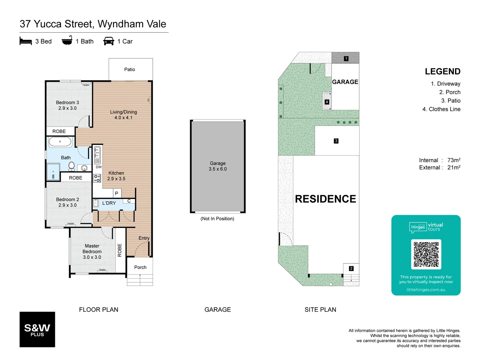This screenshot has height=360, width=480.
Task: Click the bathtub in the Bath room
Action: pyautogui.click(x=60, y=142)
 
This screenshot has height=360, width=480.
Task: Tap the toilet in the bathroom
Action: pyautogui.click(x=71, y=165)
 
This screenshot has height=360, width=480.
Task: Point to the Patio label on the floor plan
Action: pyautogui.click(x=130, y=69)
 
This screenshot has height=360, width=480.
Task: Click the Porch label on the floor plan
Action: pyautogui.click(x=140, y=267)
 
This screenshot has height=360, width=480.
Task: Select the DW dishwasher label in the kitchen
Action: pyautogui.click(x=99, y=167)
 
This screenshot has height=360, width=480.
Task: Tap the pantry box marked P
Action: pyautogui.click(x=116, y=193)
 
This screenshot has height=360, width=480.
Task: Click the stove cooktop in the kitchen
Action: pyautogui.click(x=97, y=178)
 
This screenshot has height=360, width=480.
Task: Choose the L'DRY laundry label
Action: pyautogui.click(x=109, y=203)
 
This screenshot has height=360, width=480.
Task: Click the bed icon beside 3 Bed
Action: pyautogui.click(x=26, y=41)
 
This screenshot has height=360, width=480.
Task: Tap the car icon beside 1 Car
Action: pyautogui.click(x=109, y=41)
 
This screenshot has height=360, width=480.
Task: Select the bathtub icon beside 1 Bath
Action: pyautogui.click(x=67, y=41)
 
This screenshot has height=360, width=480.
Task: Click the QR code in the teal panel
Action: pyautogui.click(x=426, y=254)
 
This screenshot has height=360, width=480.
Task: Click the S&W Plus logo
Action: pyautogui.click(x=37, y=329)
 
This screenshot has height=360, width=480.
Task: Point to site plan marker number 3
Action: pyautogui.click(x=336, y=141)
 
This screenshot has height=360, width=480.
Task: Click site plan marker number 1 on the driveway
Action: pyautogui.click(x=346, y=59)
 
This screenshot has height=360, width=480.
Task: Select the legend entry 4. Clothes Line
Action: pyautogui.click(x=441, y=109)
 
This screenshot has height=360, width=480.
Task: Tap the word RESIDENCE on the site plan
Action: pyautogui.click(x=325, y=199)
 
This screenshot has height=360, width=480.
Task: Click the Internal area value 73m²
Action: pyautogui.click(x=454, y=160)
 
